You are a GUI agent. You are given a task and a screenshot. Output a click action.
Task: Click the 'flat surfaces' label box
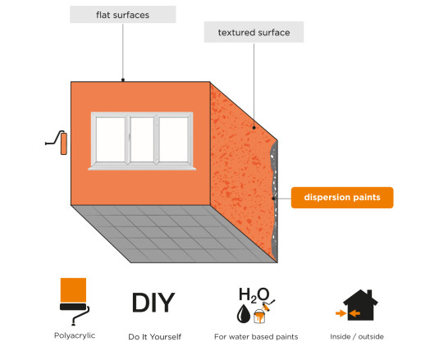123,15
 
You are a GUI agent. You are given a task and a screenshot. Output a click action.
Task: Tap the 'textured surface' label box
254,32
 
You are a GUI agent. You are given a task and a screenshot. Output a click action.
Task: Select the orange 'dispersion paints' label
342,198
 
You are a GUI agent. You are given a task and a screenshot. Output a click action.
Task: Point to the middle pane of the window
142,139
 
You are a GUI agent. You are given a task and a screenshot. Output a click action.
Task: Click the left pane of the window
110,139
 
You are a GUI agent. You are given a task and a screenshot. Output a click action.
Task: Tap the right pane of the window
174,139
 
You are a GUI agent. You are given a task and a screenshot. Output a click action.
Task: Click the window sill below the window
142,168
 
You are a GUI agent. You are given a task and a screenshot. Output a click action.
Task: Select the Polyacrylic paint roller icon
75,302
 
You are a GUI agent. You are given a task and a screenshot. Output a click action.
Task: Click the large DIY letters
153,303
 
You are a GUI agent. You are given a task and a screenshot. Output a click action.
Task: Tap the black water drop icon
244,314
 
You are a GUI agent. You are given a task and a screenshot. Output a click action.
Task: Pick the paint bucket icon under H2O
259,317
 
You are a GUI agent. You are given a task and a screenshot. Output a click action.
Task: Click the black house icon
360,305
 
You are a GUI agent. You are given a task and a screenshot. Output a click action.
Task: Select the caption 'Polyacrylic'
75,335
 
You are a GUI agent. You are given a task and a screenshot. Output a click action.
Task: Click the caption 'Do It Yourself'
155,337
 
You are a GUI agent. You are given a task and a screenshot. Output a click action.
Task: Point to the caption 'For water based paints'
256,337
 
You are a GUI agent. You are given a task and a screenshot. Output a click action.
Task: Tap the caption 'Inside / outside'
357,337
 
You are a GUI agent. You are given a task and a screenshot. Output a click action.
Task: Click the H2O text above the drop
254,295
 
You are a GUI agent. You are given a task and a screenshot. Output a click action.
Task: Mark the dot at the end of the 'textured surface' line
254,128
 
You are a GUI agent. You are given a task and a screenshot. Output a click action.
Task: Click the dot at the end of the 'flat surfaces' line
123,80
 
